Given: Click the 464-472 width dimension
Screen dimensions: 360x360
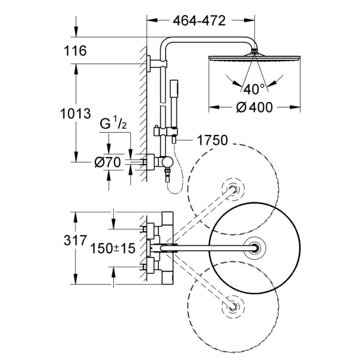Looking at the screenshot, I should click(200, 22).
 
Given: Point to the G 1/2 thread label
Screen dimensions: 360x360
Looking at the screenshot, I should click(113, 125).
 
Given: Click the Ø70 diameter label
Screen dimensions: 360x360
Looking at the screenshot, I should click(109, 161).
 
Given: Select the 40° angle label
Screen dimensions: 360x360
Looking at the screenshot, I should click(254, 89).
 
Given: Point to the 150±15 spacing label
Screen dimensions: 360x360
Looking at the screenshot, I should click(112, 247).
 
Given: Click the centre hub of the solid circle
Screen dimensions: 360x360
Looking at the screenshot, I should click(259, 247).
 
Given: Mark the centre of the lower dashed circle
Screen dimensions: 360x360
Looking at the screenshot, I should click(233, 305).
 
